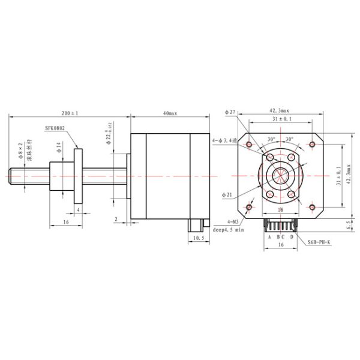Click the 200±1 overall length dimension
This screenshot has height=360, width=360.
coord(70,112)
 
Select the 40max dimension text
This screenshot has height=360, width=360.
coord(170,112)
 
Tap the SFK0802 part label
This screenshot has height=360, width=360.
coord(56,128)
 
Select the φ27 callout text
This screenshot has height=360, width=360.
coord(231,112)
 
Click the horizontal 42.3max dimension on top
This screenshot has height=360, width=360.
coord(280,110)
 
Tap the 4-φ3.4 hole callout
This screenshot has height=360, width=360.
coord(225,140)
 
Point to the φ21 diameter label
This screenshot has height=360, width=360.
coord(227,195)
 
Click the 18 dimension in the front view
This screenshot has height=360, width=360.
coord(280,209)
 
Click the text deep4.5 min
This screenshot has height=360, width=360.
coord(229,230)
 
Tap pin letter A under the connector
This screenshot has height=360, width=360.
coord(269,237)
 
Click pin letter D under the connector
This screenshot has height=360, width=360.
coord(292,237)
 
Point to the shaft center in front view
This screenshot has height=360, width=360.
coord(280,175)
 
